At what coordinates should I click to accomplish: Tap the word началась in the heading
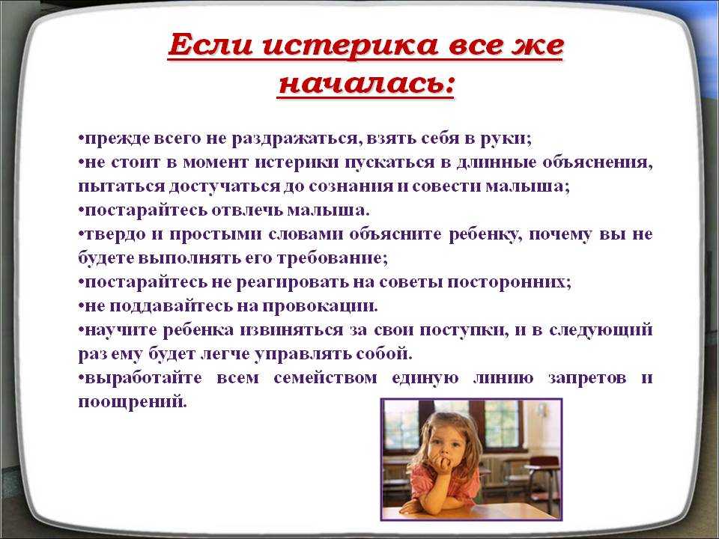[x=366, y=85]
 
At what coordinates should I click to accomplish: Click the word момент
[x=216, y=162]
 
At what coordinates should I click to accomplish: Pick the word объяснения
[x=598, y=162]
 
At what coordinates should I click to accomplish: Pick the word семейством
[x=325, y=378]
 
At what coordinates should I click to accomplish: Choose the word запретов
[x=587, y=378]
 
